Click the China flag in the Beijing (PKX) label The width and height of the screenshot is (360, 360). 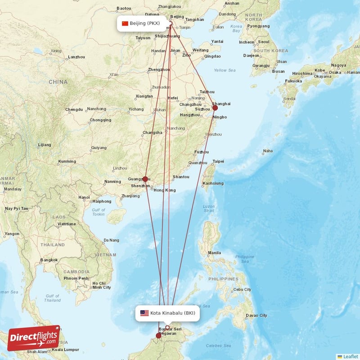125,23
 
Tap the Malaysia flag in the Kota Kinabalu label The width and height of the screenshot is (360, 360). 144,313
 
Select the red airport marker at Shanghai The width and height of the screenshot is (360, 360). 215,108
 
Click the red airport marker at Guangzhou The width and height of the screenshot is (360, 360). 145,179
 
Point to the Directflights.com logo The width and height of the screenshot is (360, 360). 33,338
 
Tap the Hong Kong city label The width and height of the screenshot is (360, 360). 164,190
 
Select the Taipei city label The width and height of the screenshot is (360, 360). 218,161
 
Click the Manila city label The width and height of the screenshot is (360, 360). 214,252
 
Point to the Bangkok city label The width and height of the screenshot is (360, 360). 49,260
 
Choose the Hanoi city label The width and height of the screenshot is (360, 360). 84,197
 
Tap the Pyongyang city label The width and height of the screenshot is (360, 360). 258,26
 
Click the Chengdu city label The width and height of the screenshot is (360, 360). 74,109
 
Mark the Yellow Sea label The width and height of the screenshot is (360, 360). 225,70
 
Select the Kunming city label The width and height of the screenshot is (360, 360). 67,161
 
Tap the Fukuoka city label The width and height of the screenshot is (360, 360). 293,81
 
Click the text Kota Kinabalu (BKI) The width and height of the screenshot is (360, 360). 173,313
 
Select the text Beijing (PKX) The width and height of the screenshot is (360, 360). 144,23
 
